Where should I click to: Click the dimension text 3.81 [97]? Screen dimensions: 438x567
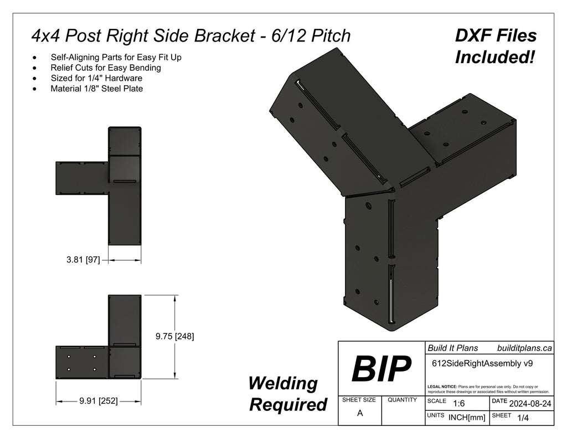(x=83, y=259)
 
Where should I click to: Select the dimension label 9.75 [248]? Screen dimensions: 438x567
(x=174, y=336)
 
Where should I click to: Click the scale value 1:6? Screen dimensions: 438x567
(x=458, y=404)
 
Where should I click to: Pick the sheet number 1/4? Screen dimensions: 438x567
(x=522, y=419)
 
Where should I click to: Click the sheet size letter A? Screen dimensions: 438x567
(x=360, y=413)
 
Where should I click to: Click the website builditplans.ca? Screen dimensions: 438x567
(x=524, y=348)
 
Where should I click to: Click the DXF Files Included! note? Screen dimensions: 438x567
(x=495, y=46)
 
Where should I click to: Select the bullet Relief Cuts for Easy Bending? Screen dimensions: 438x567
(x=106, y=68)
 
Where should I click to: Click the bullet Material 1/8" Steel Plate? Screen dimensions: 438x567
(x=97, y=88)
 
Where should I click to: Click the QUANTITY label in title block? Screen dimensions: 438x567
(x=403, y=400)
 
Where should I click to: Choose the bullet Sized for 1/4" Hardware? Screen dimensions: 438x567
(x=96, y=78)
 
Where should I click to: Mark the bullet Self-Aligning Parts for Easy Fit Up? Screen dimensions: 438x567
(x=116, y=57)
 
